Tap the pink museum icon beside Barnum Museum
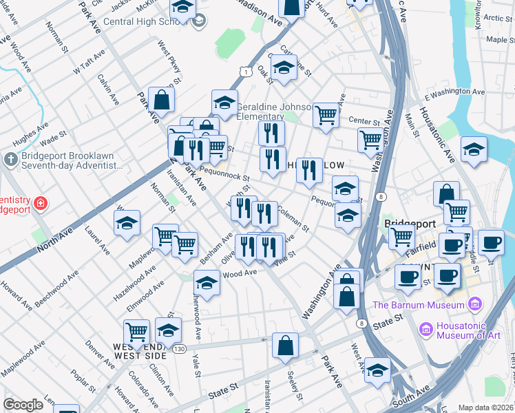(474, 304)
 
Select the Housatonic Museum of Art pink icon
(425, 331)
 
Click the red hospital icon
(41, 204)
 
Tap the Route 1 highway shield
(245, 71)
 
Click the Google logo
(23, 405)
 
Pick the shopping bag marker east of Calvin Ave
(161, 100)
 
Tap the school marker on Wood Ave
(207, 282)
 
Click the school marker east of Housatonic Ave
(474, 149)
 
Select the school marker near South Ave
(377, 370)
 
